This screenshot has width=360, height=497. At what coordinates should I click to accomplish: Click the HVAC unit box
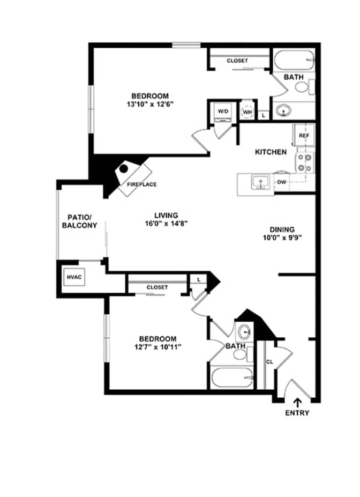coord(74,277)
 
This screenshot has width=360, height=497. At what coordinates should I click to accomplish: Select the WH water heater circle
coord(247,112)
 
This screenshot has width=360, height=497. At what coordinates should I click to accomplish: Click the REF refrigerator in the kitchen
coord(304,135)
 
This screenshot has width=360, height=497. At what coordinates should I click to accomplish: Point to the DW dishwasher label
coord(281,182)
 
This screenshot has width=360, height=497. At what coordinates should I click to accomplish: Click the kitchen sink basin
coord(260,182)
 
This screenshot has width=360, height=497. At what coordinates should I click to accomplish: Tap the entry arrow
coord(297,403)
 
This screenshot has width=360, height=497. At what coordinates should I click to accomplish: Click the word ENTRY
coord(297,413)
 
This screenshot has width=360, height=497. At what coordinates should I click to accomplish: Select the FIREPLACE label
coord(141,184)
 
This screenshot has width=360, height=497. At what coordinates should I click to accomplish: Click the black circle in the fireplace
coord(124,169)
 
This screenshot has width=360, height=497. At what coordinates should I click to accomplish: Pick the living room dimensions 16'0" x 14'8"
coord(166,224)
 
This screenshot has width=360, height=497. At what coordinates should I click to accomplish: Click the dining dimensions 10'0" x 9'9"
coord(282,238)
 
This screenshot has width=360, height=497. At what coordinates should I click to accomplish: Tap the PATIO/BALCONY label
coord(79,221)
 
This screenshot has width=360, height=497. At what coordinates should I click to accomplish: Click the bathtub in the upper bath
coord(294,60)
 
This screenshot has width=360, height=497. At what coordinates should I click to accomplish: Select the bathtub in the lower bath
coord(232,377)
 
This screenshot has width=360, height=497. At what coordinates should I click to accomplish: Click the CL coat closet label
coord(269,362)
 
